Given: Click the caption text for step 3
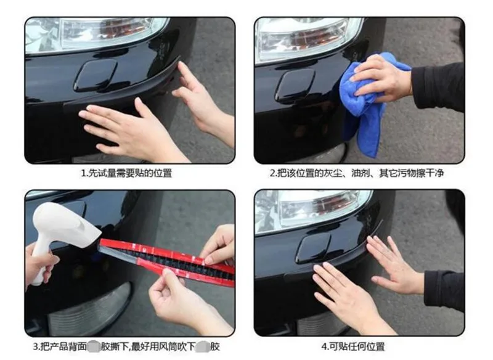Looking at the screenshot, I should pos(127,346).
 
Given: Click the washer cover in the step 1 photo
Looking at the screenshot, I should pos(96,75).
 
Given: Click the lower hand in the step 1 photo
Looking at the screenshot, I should pos(123,126).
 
